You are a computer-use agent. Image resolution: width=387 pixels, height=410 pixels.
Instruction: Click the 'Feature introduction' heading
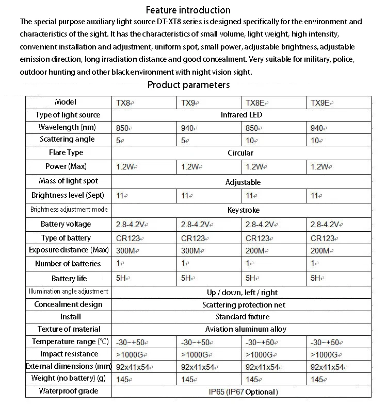[188, 10]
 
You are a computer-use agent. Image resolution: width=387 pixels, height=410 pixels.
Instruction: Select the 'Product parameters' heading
[188, 85]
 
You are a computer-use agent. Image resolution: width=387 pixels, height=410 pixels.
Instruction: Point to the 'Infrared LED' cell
[241, 115]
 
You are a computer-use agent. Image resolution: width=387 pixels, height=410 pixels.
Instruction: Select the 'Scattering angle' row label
[68, 140]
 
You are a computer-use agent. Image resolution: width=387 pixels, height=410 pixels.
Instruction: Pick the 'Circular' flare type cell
[240, 153]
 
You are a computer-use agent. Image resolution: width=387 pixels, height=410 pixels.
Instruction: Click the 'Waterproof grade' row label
[68, 391]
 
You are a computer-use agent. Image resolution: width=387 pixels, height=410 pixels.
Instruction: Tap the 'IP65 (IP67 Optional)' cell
[243, 392]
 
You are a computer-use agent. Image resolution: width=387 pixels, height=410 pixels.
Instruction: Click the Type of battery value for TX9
[193, 238]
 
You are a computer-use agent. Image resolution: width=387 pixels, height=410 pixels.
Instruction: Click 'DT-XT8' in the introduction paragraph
[169, 22]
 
